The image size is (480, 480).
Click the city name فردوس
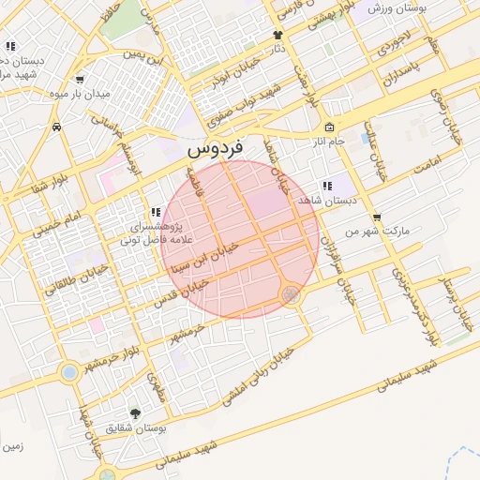click(x=214, y=147)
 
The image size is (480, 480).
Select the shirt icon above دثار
click(x=277, y=35)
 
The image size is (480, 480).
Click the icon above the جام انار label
click(x=329, y=127)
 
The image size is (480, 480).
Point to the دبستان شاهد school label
click(x=322, y=201)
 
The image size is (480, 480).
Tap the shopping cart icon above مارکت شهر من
click(x=377, y=217)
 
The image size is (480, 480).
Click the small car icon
click(x=57, y=126)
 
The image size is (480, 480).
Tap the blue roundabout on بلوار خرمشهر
click(x=69, y=372)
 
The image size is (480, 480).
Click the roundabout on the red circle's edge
click(x=292, y=295)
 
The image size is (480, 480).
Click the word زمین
click(x=12, y=446)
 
